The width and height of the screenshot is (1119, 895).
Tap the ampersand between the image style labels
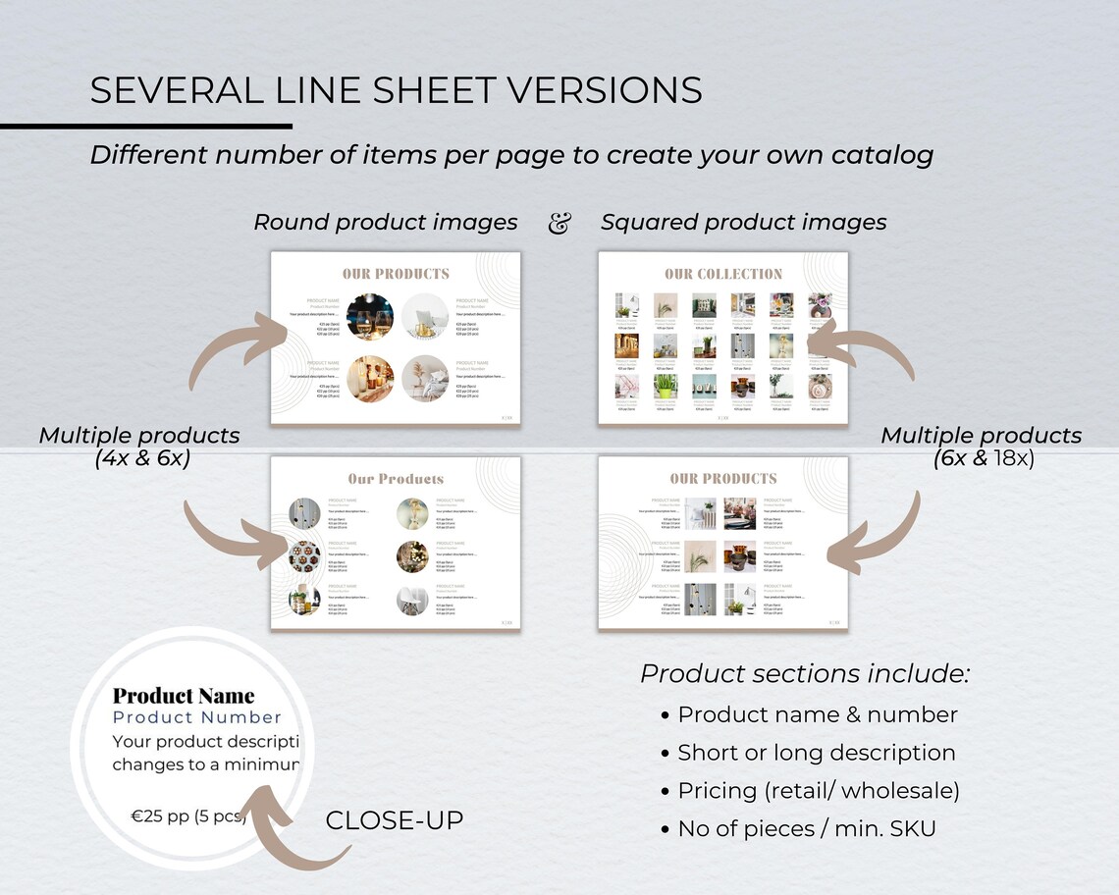pyautogui.click(x=559, y=224)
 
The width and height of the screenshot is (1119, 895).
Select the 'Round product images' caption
pyautogui.click(x=385, y=223)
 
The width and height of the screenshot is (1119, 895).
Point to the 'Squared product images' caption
pyautogui.click(x=743, y=223)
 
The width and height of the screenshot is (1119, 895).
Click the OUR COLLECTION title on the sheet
pyautogui.click(x=723, y=274)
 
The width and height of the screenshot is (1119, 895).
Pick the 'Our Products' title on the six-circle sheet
pyautogui.click(x=396, y=479)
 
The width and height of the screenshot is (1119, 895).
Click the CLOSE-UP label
pyautogui.click(x=394, y=820)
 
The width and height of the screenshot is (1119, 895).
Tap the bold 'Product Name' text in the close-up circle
pyautogui.click(x=184, y=696)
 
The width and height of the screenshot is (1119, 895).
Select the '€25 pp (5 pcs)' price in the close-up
pyautogui.click(x=189, y=815)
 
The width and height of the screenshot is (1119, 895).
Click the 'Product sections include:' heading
pyautogui.click(x=805, y=674)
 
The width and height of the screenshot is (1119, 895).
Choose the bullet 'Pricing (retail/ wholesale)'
pyautogui.click(x=819, y=791)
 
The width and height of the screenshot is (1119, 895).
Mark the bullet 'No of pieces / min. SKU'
pyautogui.click(x=806, y=829)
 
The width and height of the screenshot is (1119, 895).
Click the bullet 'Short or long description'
pyautogui.click(x=816, y=753)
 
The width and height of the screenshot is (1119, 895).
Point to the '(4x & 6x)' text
pyautogui.click(x=142, y=458)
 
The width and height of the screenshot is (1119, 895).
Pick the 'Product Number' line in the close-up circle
pyautogui.click(x=197, y=718)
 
